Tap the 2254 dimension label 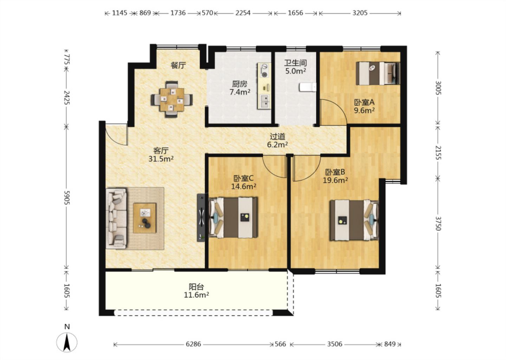click(x=243, y=13)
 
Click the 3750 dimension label click(x=438, y=224)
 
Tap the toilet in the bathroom click(x=308, y=87)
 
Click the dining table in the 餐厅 click(x=172, y=99)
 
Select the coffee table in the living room click(x=144, y=218)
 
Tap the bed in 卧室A click(x=378, y=73)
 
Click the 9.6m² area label click(x=364, y=110)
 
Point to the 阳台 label click(x=196, y=287)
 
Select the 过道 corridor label click(x=278, y=136)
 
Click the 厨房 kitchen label click(x=240, y=84)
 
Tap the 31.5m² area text click(x=161, y=159)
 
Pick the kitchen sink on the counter click(x=265, y=102)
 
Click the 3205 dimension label click(x=360, y=13)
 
